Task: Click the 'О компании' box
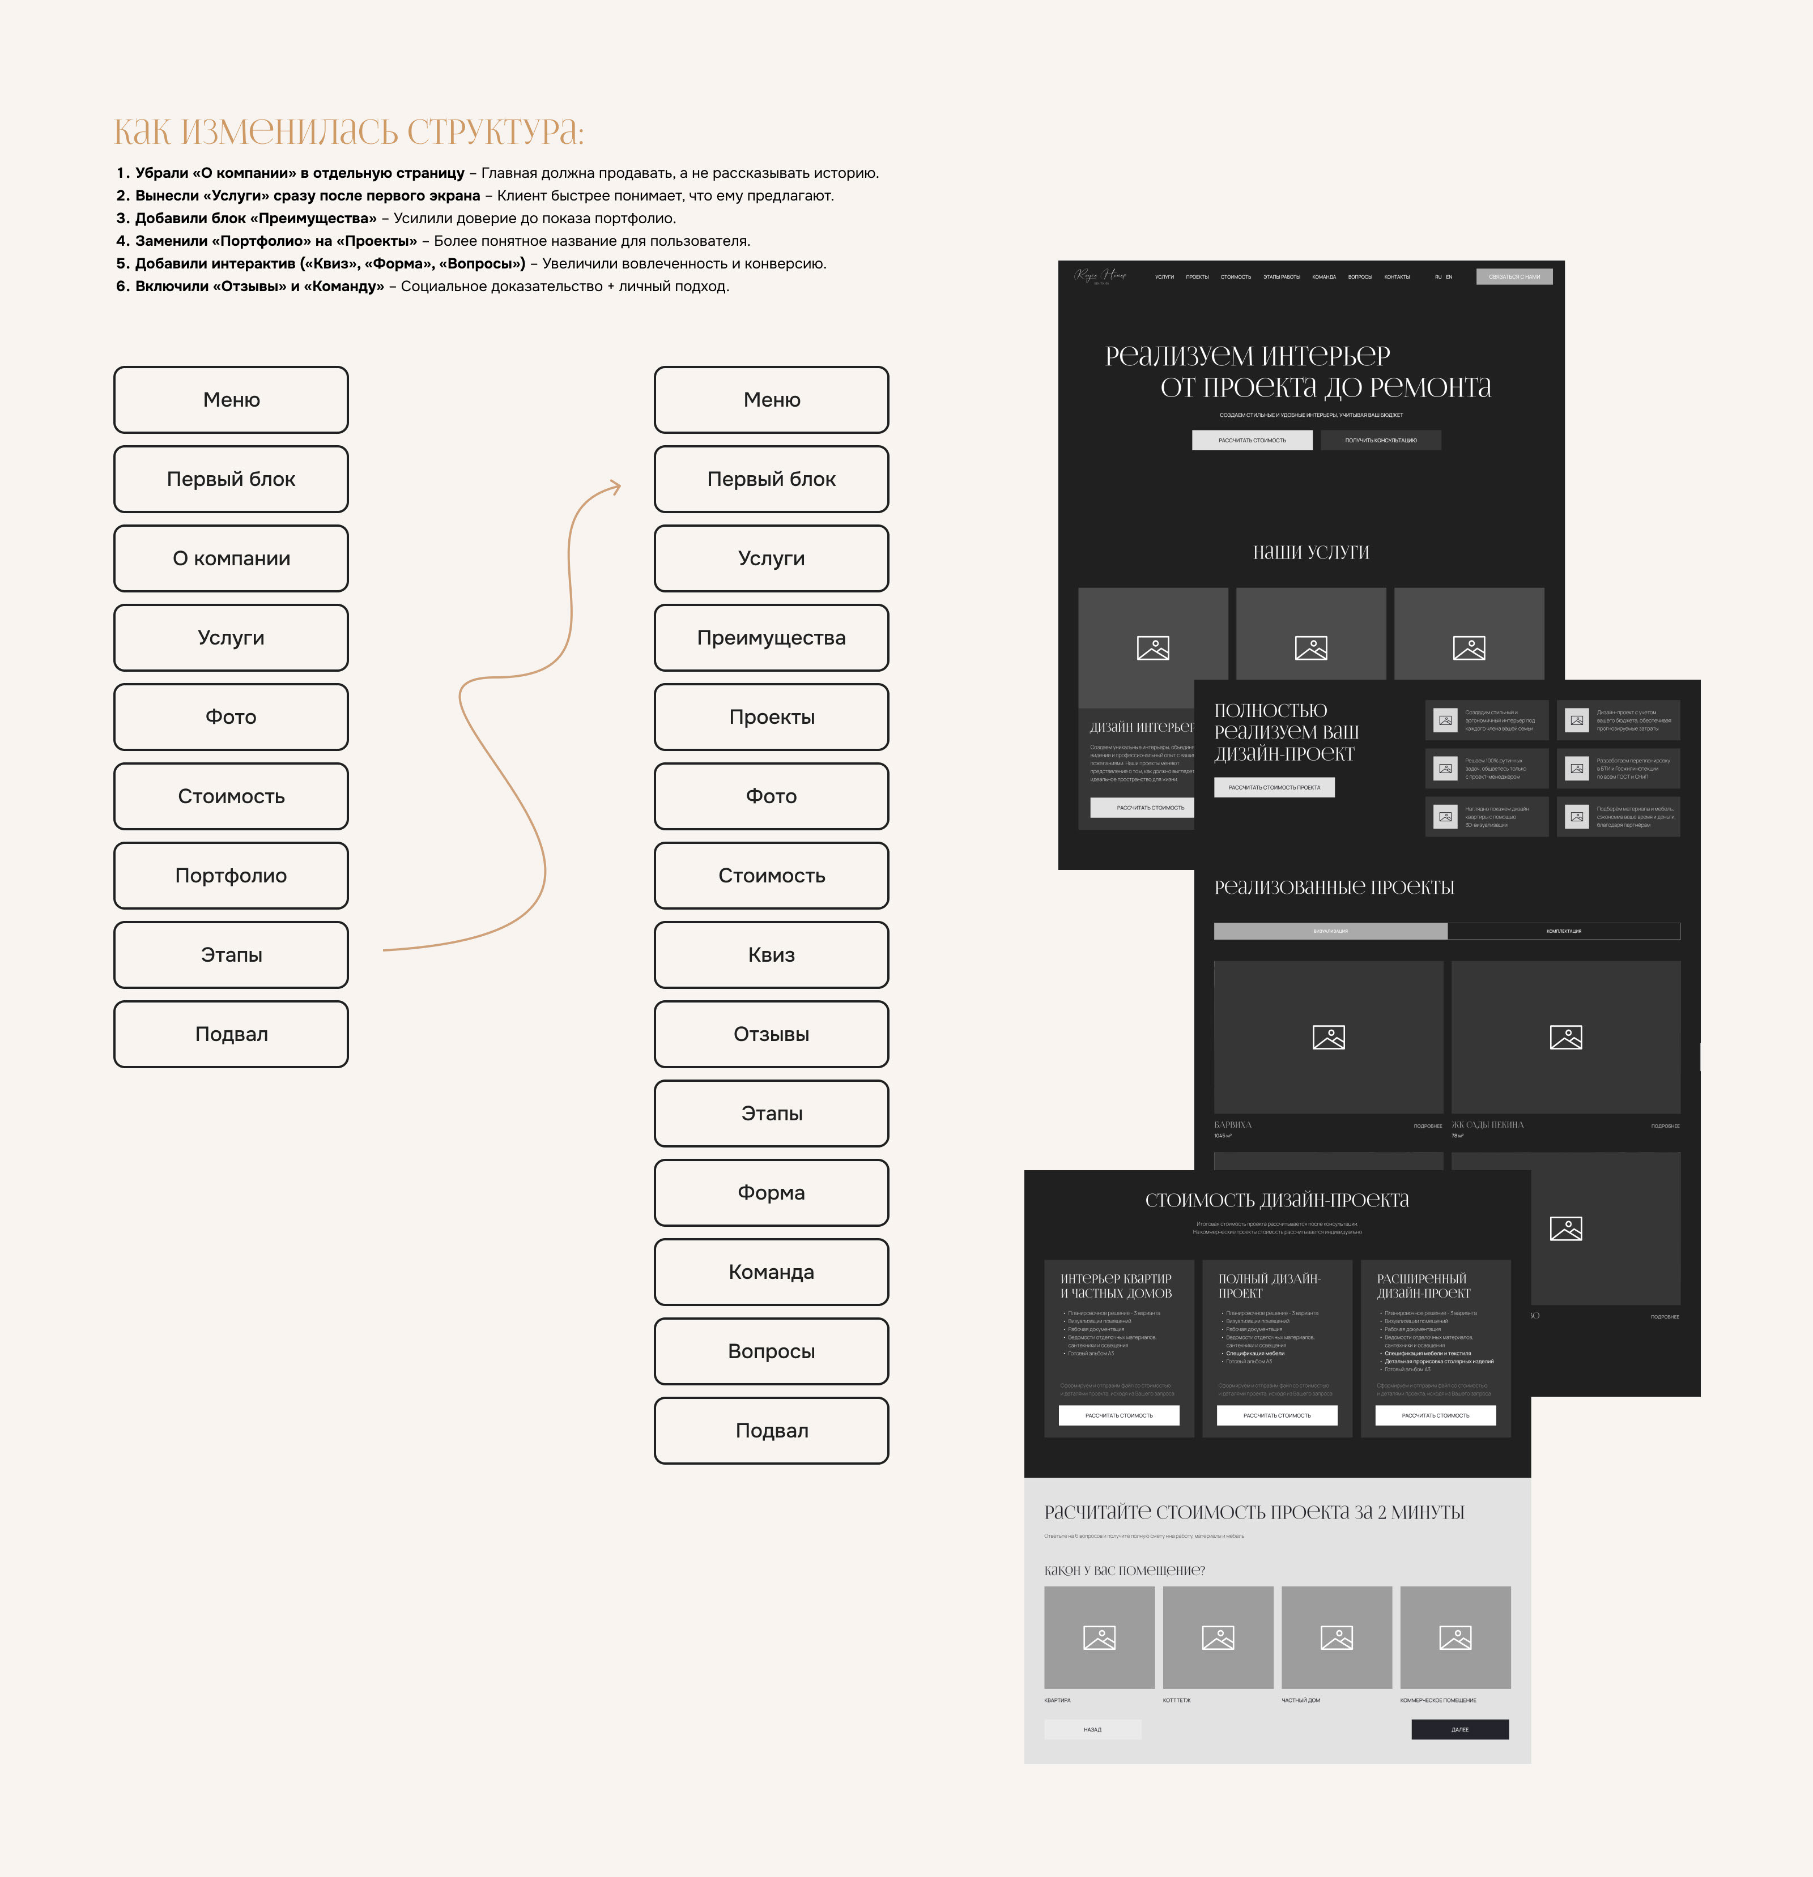point(231,558)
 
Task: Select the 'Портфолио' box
point(231,875)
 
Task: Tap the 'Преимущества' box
point(771,638)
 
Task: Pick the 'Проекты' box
point(771,717)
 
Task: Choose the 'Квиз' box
point(771,955)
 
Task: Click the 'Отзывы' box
point(771,1034)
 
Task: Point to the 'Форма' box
point(771,1192)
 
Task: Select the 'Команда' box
point(771,1272)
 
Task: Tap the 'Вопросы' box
point(771,1351)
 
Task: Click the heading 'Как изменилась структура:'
point(348,131)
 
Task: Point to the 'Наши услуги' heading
point(1310,553)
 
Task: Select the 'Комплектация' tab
point(1563,931)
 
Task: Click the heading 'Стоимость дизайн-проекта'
point(1276,1200)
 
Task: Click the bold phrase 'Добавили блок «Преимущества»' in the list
point(256,219)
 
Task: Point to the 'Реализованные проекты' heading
point(1334,888)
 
